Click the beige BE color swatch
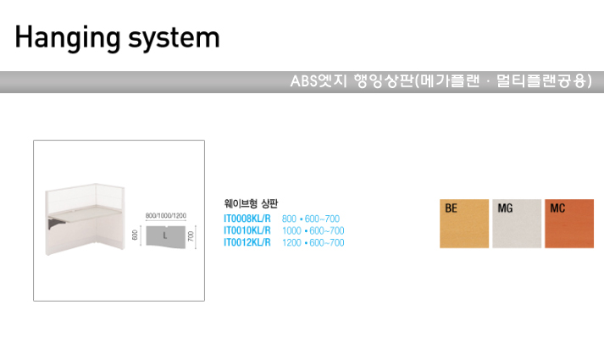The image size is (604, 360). (x=464, y=224)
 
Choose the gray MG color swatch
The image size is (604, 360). (x=516, y=224)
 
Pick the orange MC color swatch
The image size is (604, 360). (x=568, y=224)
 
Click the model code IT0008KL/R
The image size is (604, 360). (x=247, y=219)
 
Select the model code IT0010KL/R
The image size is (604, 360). (x=247, y=230)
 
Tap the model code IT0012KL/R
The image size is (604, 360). (x=247, y=242)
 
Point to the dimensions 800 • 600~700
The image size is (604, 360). (x=310, y=219)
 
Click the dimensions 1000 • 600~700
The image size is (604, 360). (x=313, y=230)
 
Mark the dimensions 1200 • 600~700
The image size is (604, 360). (x=313, y=242)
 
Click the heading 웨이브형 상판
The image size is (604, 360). (x=250, y=203)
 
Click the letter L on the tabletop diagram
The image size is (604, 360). (x=163, y=236)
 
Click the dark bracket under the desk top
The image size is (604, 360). (x=57, y=224)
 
